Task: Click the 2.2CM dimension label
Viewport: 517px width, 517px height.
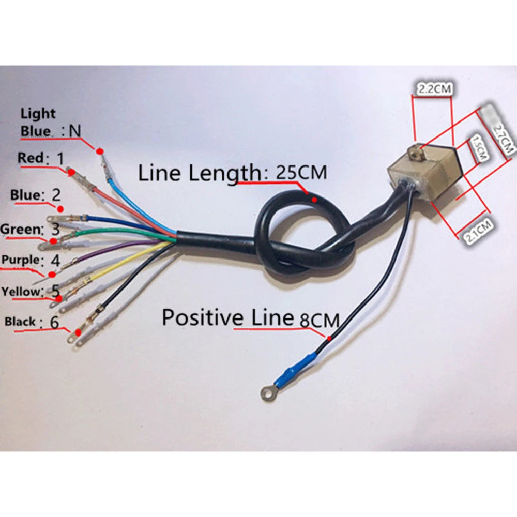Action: [434, 89]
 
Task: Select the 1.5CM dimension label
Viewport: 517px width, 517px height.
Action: [479, 148]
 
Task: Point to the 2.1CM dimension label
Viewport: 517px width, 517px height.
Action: [478, 231]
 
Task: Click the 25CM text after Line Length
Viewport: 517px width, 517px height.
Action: [301, 173]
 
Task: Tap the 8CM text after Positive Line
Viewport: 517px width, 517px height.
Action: [320, 321]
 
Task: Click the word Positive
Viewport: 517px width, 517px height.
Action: [203, 317]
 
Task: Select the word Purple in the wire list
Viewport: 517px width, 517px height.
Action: [21, 260]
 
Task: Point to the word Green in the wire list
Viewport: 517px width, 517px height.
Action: [20, 229]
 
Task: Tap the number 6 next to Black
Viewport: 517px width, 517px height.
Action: [54, 322]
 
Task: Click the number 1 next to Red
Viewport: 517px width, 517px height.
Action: [60, 158]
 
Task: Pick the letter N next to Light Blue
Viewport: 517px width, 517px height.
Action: [75, 131]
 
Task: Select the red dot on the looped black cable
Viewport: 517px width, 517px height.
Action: [315, 200]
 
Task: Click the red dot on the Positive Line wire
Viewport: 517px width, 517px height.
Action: [329, 338]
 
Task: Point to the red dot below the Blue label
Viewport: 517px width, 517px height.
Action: [60, 209]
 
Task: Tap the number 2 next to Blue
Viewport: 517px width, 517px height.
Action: [56, 195]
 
